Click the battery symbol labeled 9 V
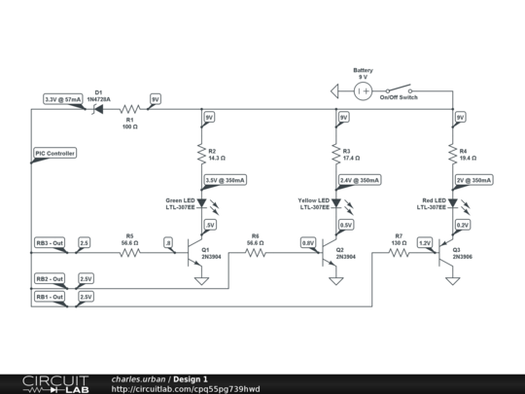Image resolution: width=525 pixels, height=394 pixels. (x=362, y=91)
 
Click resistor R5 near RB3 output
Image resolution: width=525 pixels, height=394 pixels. (x=129, y=252)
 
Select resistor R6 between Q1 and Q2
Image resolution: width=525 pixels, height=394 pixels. (x=255, y=252)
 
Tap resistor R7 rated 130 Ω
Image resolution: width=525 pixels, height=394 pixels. (x=399, y=252)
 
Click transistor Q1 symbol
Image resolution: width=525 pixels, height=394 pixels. (x=195, y=252)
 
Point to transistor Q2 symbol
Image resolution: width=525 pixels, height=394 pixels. (x=330, y=252)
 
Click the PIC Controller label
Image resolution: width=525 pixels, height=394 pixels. (x=54, y=153)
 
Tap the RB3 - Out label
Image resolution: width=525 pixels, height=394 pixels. (x=50, y=242)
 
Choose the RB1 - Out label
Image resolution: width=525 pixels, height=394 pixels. (x=50, y=296)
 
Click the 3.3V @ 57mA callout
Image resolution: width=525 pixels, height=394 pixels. (x=63, y=99)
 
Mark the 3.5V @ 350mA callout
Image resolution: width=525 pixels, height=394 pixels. (x=225, y=180)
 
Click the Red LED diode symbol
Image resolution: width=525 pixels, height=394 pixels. (x=452, y=204)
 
